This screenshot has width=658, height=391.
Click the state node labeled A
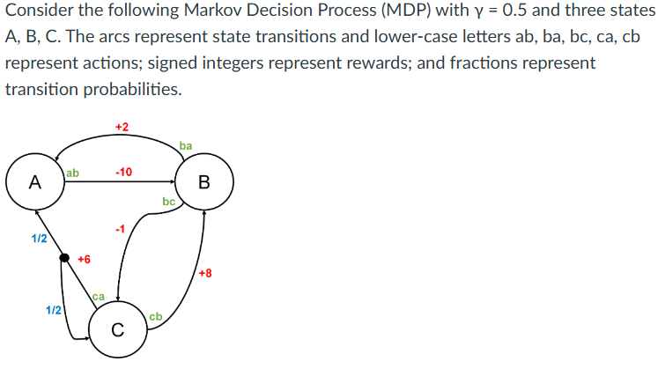pyautogui.click(x=34, y=182)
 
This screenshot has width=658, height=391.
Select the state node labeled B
pyautogui.click(x=204, y=182)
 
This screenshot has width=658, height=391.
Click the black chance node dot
pyautogui.click(x=63, y=258)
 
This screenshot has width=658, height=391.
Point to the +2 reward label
pyautogui.click(x=122, y=128)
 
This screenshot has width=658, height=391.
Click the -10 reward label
pyautogui.click(x=123, y=172)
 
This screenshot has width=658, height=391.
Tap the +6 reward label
pyautogui.click(x=84, y=259)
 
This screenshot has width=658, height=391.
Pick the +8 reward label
pyautogui.click(x=205, y=273)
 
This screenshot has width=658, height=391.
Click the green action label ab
pyautogui.click(x=72, y=173)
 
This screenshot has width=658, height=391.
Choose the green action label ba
pyautogui.click(x=185, y=145)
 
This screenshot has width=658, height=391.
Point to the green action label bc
pyautogui.click(x=169, y=203)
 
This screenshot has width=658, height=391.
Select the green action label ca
pyautogui.click(x=99, y=298)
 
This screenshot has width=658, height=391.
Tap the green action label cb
pyautogui.click(x=155, y=316)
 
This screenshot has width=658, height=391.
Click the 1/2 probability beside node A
pyautogui.click(x=39, y=238)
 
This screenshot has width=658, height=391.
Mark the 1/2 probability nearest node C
pyautogui.click(x=53, y=309)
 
